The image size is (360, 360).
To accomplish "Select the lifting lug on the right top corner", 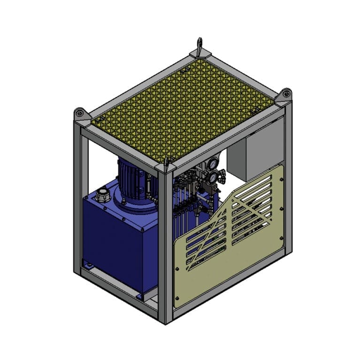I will pyautogui.click(x=285, y=94).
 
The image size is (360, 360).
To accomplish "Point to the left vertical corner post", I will pyautogui.click(x=78, y=197).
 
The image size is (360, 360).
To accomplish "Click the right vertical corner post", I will pyautogui.click(x=288, y=178).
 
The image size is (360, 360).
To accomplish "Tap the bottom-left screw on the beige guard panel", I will pyautogui.click(x=177, y=299).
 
